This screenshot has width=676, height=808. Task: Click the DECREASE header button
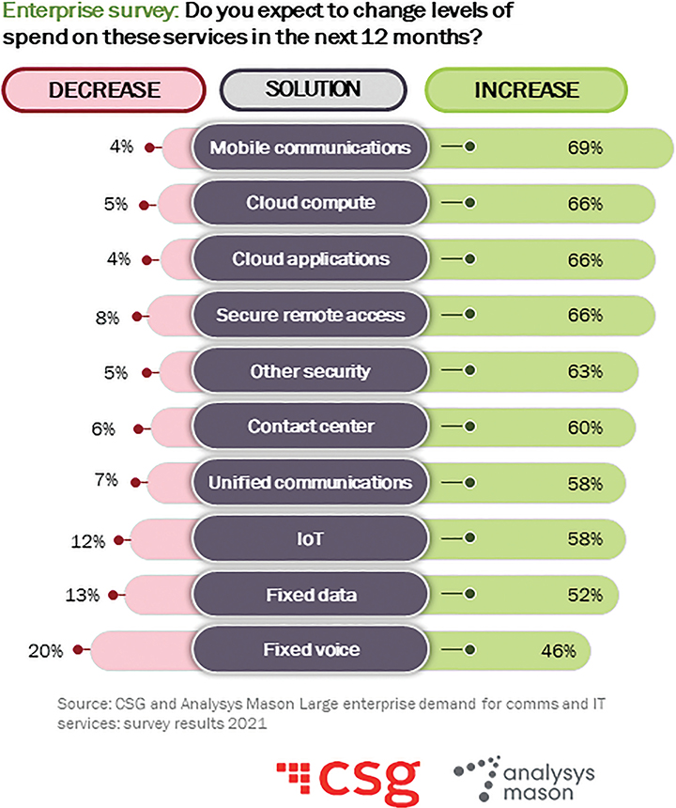pos(105,91)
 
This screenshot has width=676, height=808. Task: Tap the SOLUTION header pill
pos(313,90)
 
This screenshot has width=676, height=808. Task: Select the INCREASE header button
pos(526,91)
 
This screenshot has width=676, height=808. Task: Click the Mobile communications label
pos(310,148)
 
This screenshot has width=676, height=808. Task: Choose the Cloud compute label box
pos(310,203)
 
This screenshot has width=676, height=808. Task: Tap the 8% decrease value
pos(109,317)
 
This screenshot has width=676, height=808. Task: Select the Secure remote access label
pos(310,315)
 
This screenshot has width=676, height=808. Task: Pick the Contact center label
pos(310,427)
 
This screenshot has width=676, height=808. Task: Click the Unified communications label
pos(310,483)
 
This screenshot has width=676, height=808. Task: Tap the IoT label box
pos(310,538)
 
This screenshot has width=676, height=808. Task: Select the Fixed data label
pos(310,594)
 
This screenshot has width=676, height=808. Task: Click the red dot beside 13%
pos(113,595)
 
